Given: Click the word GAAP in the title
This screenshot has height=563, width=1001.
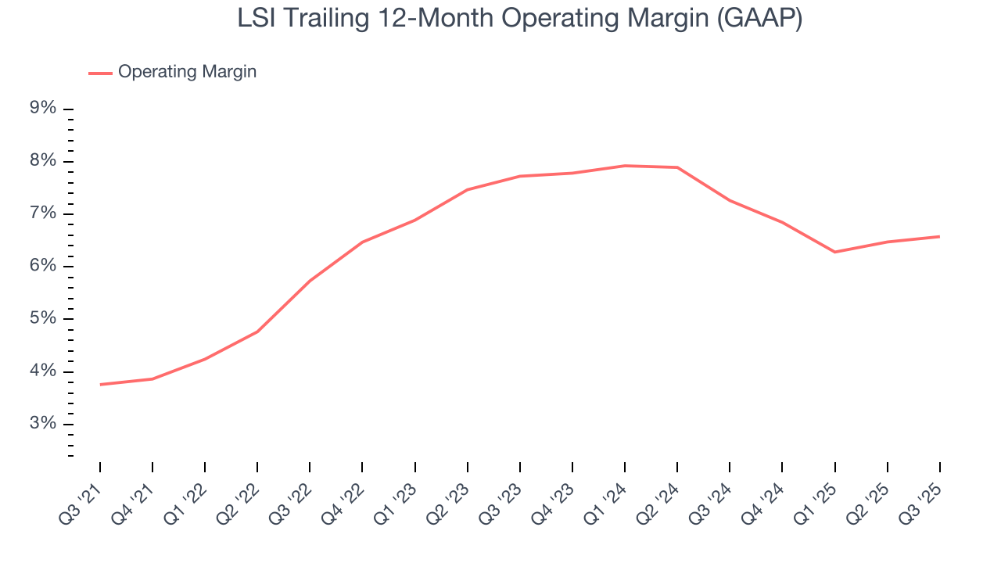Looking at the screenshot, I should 758,19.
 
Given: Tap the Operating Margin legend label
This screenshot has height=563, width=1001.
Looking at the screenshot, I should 187,72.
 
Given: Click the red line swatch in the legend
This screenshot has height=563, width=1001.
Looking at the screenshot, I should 100,73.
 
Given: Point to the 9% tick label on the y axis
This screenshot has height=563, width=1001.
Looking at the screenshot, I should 43,108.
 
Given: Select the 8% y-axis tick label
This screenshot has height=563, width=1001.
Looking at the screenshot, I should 43,161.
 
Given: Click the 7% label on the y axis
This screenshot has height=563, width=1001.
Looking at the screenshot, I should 43,213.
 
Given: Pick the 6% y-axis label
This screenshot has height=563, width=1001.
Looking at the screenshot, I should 43,266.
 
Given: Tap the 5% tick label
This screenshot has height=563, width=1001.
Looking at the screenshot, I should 43,318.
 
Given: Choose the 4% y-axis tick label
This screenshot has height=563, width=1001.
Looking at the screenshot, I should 43,371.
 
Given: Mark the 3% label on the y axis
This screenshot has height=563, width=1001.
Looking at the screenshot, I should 43,424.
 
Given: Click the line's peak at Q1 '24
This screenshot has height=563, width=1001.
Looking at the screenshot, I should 625,166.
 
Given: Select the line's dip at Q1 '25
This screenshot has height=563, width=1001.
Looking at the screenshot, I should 834,252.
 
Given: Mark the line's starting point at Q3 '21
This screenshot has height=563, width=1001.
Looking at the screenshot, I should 100,385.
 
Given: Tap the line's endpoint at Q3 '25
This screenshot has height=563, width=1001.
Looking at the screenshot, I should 939,236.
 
